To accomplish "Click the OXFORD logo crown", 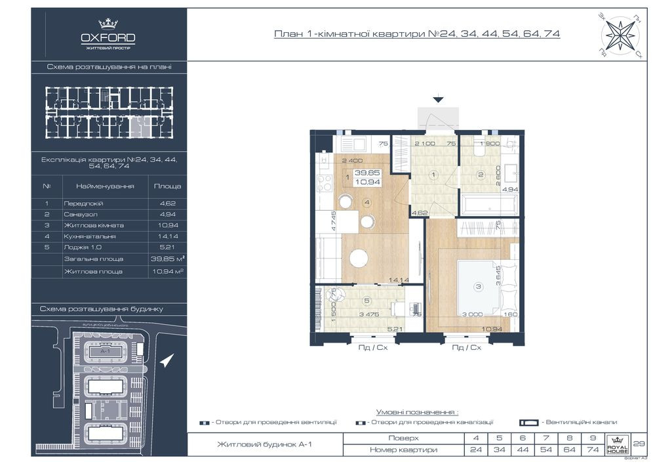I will [x=108, y=24].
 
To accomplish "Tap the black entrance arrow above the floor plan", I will [x=438, y=99].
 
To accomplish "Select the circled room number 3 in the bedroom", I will [x=479, y=285].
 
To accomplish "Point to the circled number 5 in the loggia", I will [x=367, y=301].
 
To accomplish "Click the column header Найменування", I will [x=105, y=186].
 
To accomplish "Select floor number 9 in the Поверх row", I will [x=593, y=438].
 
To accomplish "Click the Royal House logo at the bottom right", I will [x=618, y=444].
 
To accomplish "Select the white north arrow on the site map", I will [x=168, y=360].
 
